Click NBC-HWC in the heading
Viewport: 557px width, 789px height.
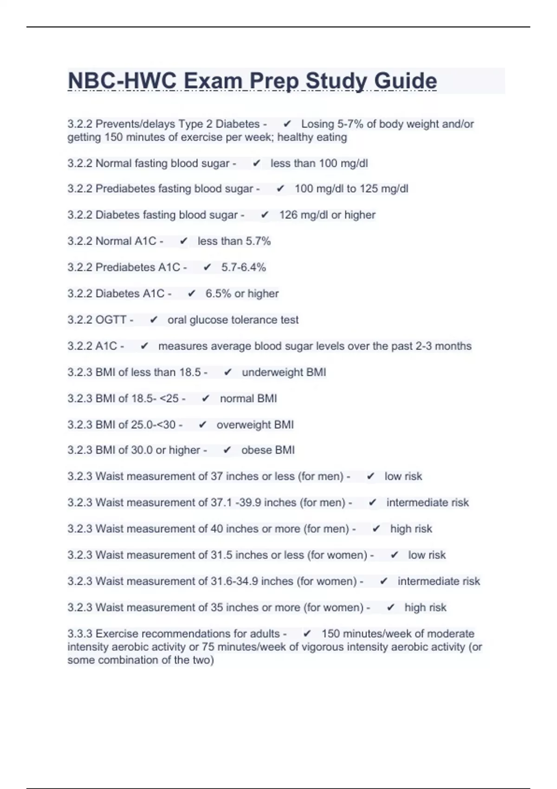coord(122,81)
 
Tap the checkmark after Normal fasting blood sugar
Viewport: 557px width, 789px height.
coord(256,163)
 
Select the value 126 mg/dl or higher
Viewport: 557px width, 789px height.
coord(327,215)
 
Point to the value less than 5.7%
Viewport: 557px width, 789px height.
coord(234,241)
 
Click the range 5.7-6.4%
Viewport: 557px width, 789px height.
coord(244,267)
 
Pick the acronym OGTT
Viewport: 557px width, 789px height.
coord(111,320)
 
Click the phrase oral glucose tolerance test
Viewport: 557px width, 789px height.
coord(233,320)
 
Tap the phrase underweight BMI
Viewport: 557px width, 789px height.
coord(284,372)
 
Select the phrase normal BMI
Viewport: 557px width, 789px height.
coord(248,399)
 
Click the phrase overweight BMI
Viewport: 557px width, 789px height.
coord(255,425)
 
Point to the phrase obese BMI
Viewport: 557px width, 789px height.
coord(268,450)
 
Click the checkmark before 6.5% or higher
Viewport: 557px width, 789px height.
coord(191,294)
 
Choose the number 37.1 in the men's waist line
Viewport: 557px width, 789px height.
coord(221,503)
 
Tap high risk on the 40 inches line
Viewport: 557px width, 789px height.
coord(411,529)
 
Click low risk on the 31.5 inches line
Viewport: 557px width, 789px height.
coord(427,555)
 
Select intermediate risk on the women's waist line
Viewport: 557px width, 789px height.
coord(439,581)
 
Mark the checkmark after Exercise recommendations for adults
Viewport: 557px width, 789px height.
coord(307,634)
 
